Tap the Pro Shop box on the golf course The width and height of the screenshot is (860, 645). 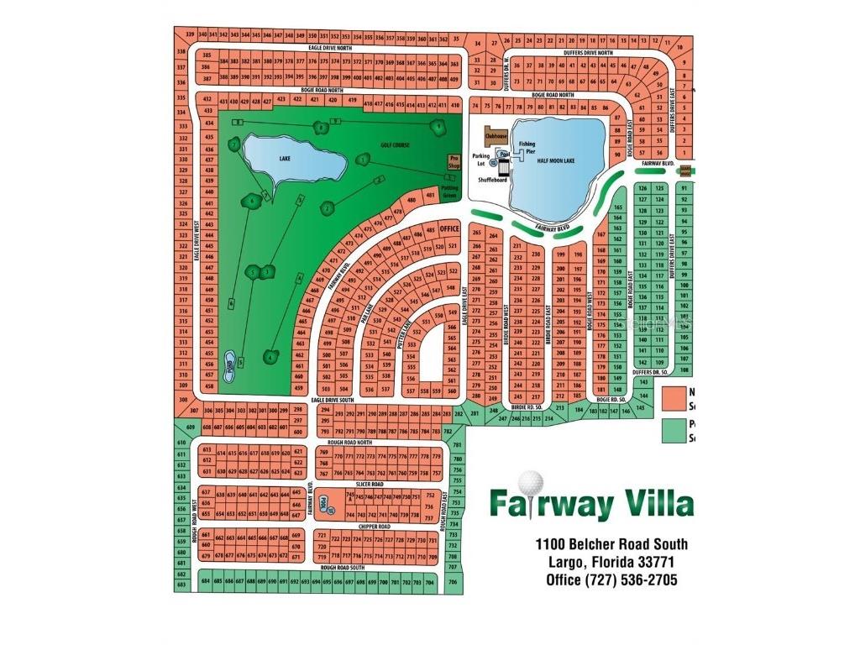[x=454, y=161]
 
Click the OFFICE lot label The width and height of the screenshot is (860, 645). [x=449, y=228]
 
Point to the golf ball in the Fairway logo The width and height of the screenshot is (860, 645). [x=531, y=485]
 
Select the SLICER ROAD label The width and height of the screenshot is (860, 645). [x=370, y=485]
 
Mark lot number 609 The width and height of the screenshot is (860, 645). [x=191, y=427]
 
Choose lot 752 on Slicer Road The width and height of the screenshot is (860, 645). [x=431, y=496]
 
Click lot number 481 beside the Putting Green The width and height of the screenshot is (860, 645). [x=431, y=197]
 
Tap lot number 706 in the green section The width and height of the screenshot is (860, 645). [x=453, y=581]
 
